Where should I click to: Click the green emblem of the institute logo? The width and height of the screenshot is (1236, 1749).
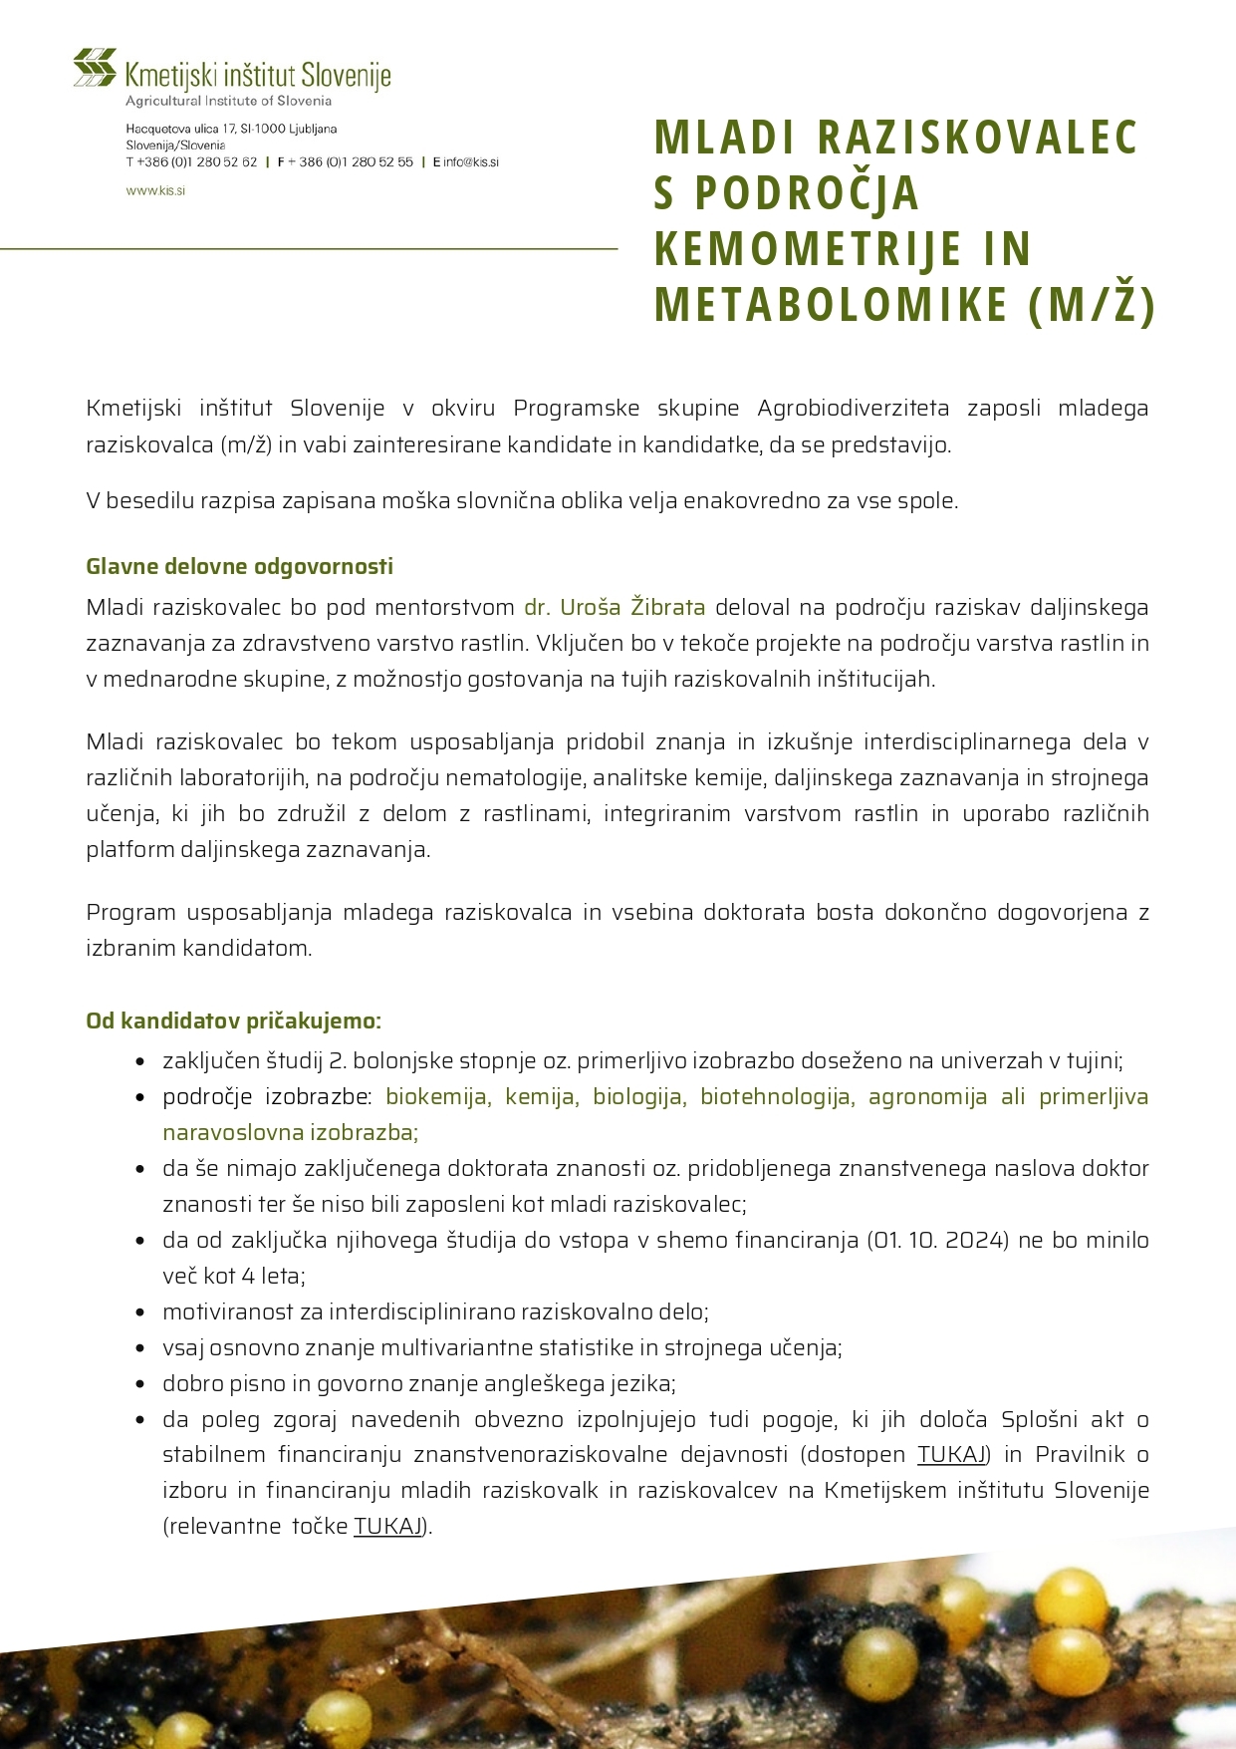click(95, 68)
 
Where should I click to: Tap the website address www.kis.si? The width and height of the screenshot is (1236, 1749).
click(155, 190)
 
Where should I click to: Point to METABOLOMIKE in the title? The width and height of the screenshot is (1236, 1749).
click(831, 305)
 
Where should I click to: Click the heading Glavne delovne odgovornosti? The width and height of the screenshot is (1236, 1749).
click(239, 566)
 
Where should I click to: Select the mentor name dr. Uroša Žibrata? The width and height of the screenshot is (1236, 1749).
click(615, 607)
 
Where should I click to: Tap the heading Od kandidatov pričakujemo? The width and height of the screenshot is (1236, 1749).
click(233, 1020)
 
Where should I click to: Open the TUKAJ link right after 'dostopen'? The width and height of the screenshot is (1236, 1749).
click(951, 1454)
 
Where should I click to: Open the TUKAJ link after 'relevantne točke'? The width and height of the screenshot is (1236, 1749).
click(388, 1526)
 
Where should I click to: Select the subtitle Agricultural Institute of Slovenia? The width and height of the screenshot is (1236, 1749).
click(228, 101)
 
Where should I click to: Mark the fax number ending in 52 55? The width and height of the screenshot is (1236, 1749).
click(356, 161)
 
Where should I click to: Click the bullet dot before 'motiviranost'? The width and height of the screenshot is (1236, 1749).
click(141, 1312)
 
